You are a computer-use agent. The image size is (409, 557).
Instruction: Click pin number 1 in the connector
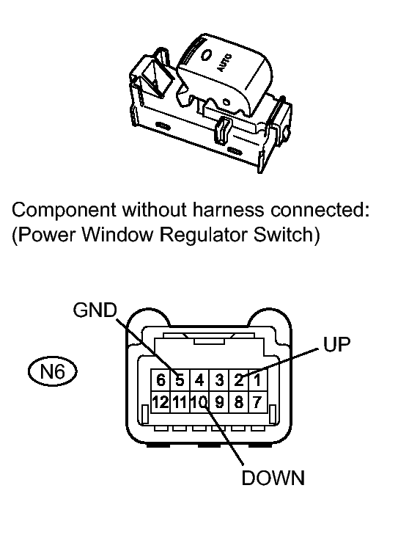pyautogui.click(x=257, y=380)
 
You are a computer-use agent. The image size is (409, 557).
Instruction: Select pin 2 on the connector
pyautogui.click(x=239, y=380)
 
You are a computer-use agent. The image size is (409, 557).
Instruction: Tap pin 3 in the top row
pyautogui.click(x=218, y=380)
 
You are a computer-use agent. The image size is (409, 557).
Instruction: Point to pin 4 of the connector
pyautogui.click(x=199, y=380)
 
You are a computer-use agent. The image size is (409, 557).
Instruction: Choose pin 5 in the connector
pyautogui.click(x=179, y=380)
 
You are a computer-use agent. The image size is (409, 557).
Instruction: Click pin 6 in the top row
pyautogui.click(x=160, y=380)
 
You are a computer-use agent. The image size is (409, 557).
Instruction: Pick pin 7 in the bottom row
pyautogui.click(x=257, y=401)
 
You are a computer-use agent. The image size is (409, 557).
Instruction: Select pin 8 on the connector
pyautogui.click(x=239, y=401)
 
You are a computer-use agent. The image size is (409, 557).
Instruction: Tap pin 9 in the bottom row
pyautogui.click(x=218, y=401)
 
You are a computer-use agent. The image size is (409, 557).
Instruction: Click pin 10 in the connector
pyautogui.click(x=199, y=401)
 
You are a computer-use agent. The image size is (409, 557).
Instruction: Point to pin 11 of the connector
pyautogui.click(x=178, y=401)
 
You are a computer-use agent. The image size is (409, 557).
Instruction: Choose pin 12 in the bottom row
pyautogui.click(x=160, y=401)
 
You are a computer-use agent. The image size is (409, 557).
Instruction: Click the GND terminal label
pyautogui.click(x=95, y=310)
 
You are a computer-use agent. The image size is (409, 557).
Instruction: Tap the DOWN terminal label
pyautogui.click(x=273, y=478)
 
